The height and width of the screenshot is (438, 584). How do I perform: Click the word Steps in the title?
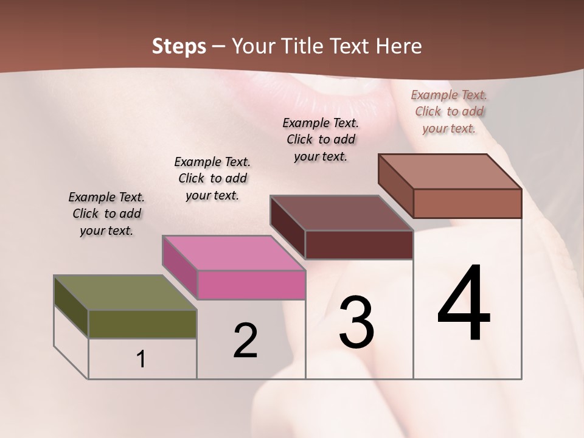[179, 46]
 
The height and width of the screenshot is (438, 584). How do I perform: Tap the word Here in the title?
[398, 46]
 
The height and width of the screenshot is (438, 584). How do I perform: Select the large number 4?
[464, 304]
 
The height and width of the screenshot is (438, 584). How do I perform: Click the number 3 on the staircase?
[356, 322]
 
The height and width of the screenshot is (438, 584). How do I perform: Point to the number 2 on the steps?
[245, 341]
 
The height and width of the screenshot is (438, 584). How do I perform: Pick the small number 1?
[141, 360]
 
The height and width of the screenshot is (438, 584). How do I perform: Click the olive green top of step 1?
[125, 293]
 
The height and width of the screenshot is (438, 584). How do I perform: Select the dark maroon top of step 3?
[341, 213]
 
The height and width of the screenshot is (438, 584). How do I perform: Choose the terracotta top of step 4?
[450, 172]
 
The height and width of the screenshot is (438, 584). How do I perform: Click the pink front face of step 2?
[251, 285]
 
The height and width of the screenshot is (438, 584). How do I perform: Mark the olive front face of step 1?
[142, 324]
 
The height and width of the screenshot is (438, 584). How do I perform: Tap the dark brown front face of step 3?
[359, 245]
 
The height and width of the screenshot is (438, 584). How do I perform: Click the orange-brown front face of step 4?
[467, 203]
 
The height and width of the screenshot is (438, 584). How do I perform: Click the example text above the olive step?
[106, 214]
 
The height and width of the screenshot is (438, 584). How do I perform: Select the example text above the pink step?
[212, 178]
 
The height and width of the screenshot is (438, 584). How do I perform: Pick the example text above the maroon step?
[321, 139]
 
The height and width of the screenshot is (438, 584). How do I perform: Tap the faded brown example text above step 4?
[449, 111]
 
